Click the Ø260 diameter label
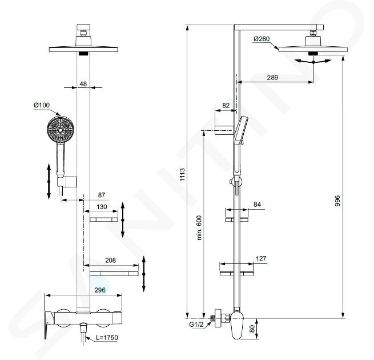262,39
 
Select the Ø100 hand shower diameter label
42,105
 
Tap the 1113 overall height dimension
182,174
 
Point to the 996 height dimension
337,201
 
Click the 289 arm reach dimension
272,77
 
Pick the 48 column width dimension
83,84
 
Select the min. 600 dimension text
199,228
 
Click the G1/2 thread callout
196,325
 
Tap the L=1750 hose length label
107,338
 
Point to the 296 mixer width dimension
100,290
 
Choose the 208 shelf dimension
110,260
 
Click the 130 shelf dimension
102,207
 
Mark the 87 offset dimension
102,195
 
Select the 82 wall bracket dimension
226,105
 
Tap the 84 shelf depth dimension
257,205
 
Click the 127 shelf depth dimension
261,258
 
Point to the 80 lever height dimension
252,329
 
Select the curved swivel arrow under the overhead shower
313,62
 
